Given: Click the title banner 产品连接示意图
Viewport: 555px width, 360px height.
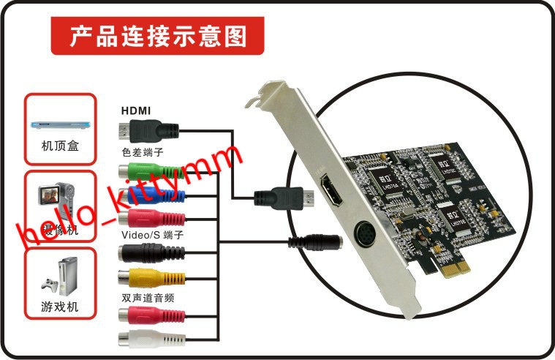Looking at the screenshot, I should (157, 34).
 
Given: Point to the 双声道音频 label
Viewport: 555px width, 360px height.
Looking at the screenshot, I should (148, 299).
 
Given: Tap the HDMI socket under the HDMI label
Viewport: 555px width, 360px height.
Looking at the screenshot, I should (146, 132).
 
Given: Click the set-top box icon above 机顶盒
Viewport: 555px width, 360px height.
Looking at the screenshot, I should (60, 124).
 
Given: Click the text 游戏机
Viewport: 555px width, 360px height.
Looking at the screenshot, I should (60, 307).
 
